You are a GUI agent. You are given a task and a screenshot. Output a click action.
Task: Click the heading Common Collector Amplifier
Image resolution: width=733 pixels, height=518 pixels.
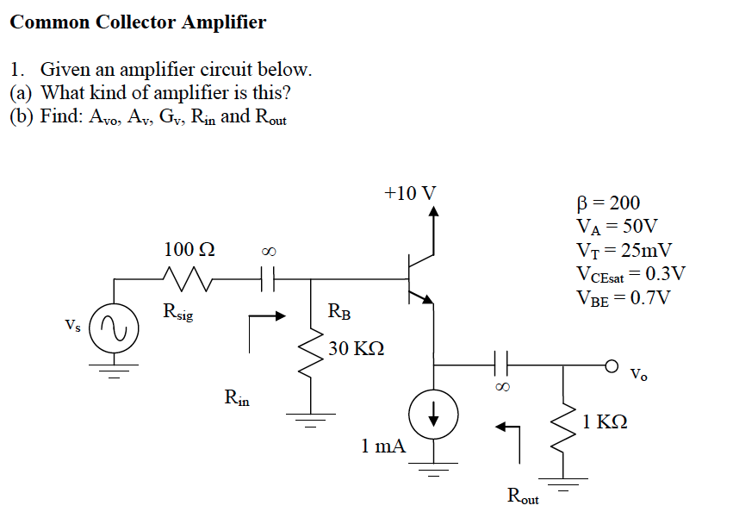[x=138, y=22]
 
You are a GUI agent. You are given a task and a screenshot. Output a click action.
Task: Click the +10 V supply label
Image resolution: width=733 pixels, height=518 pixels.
[x=409, y=191]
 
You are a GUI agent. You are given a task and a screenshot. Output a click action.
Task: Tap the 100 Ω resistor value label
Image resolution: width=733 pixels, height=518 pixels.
[x=189, y=250]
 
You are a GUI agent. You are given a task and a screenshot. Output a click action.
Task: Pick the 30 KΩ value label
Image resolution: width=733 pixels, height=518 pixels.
[x=356, y=349]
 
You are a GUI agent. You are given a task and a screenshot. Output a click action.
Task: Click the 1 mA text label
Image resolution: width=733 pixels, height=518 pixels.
[x=383, y=446]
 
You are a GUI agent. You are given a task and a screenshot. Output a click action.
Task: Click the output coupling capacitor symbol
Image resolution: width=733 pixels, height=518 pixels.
[x=500, y=364]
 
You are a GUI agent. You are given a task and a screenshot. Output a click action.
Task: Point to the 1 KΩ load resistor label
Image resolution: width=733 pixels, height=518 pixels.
[x=605, y=421]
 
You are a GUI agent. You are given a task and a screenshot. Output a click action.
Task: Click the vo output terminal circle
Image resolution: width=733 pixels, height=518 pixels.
[x=613, y=364]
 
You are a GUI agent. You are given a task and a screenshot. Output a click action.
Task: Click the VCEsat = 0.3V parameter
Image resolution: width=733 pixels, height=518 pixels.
[x=630, y=274]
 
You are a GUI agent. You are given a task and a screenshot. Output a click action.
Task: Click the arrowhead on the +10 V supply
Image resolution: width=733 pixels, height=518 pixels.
[x=433, y=210]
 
